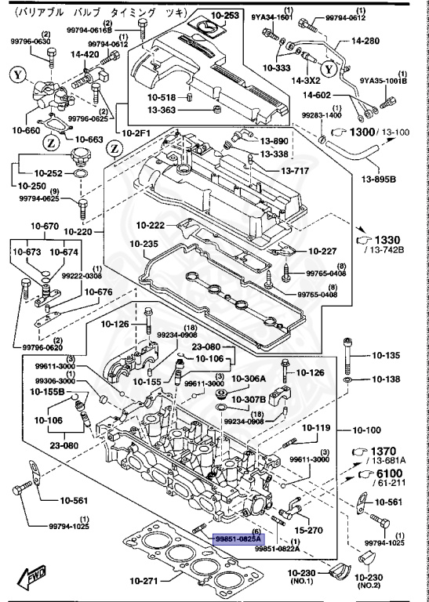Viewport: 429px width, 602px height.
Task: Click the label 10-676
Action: (99, 292)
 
